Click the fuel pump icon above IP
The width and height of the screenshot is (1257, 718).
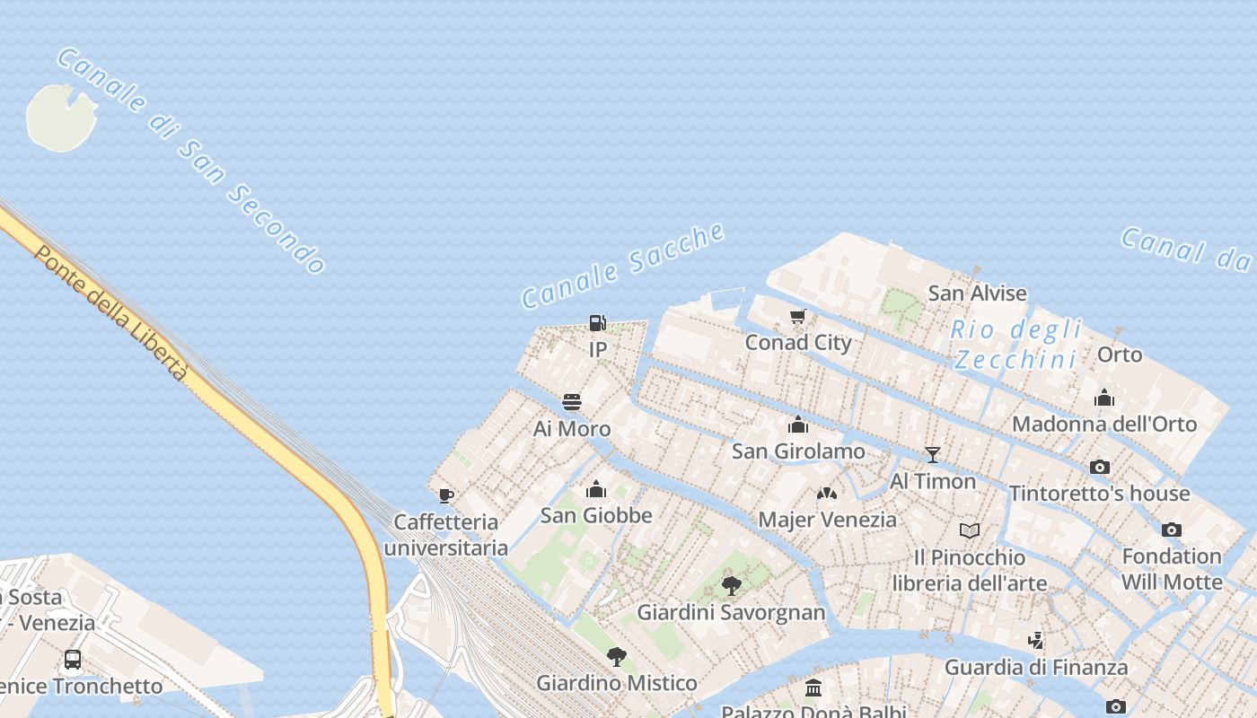[597, 323]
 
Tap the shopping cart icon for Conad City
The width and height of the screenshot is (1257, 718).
[797, 317]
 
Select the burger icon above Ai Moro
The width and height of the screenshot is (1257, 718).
[572, 402]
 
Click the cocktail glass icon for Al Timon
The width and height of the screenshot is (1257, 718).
[933, 455]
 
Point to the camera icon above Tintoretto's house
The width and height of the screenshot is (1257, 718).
[1099, 467]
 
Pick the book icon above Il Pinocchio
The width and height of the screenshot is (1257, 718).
[970, 530]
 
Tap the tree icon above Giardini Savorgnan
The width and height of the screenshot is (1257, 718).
[731, 586]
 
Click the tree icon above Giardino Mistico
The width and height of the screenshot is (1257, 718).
[616, 657]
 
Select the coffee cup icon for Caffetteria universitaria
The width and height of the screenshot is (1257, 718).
[445, 495]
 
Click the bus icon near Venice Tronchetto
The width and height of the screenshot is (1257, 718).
[73, 660]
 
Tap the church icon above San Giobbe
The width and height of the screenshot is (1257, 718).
[595, 489]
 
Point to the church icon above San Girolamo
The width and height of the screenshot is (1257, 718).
[797, 425]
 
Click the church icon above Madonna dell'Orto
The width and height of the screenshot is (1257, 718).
[1103, 397]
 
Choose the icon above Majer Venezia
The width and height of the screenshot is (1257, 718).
[826, 494]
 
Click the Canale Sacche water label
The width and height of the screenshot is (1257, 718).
[623, 266]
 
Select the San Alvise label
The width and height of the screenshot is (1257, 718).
[977, 293]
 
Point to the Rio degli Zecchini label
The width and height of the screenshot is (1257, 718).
[1016, 345]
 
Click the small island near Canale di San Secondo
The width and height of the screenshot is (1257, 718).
[61, 117]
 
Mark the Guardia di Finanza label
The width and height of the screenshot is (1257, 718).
[1035, 668]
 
